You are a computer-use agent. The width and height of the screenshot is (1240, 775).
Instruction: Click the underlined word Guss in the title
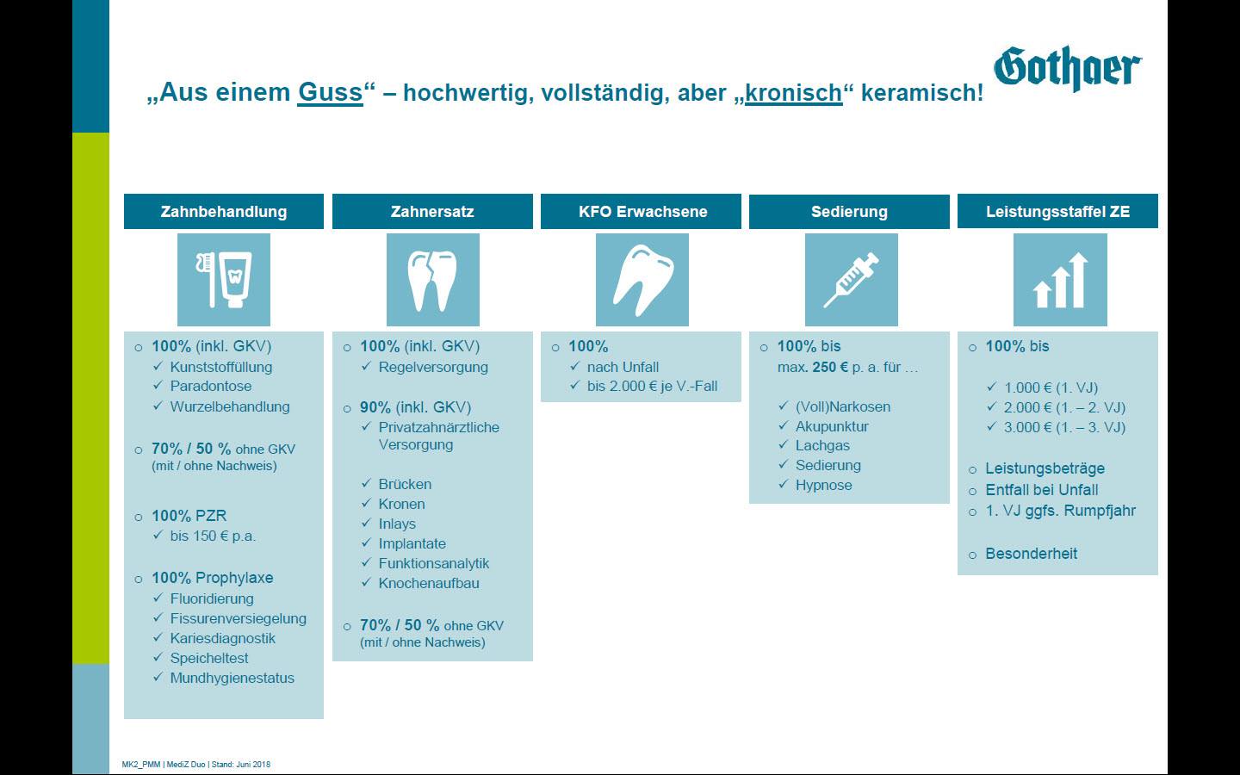pos(330,92)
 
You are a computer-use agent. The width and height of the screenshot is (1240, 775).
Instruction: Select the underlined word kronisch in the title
pos(793,92)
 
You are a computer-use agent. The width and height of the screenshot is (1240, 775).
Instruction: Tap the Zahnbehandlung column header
pos(224,212)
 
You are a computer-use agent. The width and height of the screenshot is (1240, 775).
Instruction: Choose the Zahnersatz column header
pos(432,212)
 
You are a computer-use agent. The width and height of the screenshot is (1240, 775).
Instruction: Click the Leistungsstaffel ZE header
pos(1057,212)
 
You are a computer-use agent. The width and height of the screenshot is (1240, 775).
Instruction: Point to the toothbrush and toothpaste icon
pos(224,280)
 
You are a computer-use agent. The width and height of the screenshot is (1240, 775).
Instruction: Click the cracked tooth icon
pos(433,280)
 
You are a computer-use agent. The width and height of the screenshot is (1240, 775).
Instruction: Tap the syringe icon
pos(852,280)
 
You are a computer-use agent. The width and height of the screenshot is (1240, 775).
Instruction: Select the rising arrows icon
pos(1060,280)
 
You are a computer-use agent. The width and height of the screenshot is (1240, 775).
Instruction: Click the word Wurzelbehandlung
pos(230,406)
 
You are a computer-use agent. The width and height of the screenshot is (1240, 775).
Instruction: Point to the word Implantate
pos(412,543)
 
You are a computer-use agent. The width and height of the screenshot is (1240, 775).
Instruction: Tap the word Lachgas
pos(822,446)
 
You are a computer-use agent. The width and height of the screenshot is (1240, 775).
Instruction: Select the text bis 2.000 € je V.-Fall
pos(652,387)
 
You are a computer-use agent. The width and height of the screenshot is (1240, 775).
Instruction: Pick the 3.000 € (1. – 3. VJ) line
pos(1064,427)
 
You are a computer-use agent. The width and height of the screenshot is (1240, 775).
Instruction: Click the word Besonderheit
pos(1032,554)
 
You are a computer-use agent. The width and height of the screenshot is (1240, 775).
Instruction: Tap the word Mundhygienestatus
pos(232,679)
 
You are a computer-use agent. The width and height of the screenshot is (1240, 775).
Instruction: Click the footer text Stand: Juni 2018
pos(241,765)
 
